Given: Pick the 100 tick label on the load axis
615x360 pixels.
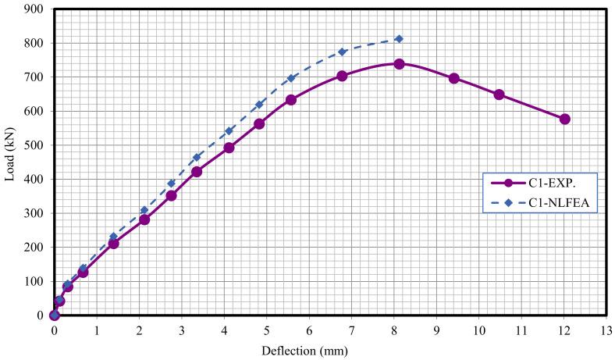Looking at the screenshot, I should (36, 281).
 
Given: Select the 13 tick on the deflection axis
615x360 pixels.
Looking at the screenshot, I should (607, 330).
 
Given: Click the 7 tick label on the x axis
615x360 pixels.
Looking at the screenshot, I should (352, 330).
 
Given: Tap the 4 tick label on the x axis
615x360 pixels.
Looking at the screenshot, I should (224, 330).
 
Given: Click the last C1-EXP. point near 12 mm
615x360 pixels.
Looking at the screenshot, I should (565, 119).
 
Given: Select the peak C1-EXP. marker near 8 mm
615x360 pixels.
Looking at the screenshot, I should (399, 64).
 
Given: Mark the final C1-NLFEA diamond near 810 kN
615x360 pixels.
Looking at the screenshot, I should (399, 38).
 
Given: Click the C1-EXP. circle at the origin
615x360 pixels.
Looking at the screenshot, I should (54, 315).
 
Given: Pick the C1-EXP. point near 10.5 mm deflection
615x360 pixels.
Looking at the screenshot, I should (499, 94).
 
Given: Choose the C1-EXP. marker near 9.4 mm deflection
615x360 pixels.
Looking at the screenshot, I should (453, 78).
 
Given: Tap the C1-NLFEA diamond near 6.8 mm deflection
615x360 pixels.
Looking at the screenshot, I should (342, 52).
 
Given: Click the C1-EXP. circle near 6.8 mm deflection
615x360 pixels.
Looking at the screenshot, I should (342, 76).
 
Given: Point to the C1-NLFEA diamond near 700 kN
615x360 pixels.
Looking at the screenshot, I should (291, 78).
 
